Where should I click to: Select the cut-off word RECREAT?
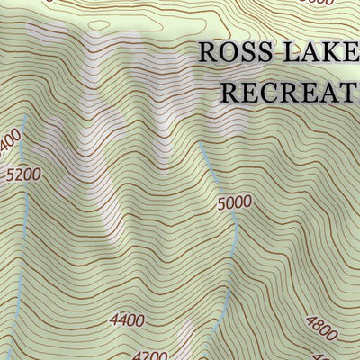coord(290,91)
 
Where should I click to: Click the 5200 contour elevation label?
coord(22,175)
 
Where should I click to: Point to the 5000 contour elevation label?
coord(234,203)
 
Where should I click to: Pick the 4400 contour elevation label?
coord(127,319)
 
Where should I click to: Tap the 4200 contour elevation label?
coord(149,354)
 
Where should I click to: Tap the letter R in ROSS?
coord(209,52)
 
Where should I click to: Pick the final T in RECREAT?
coord(350,91)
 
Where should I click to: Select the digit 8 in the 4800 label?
coord(318,324)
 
